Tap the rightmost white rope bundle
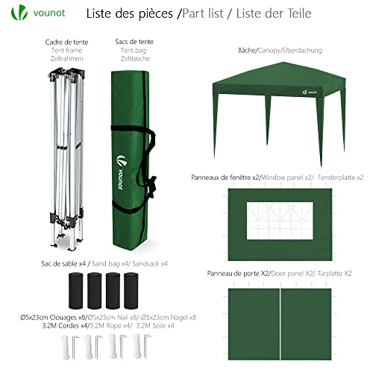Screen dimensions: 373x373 coord(136,347)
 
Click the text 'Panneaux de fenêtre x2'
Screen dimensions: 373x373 coord(226,177)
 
